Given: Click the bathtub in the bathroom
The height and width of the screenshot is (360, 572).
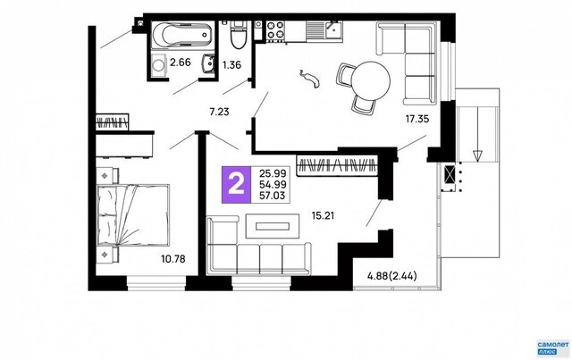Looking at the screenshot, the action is (182, 35).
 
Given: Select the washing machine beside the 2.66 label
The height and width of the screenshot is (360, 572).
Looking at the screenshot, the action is (159, 65).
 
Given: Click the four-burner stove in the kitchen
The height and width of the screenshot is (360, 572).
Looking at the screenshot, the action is (275, 29).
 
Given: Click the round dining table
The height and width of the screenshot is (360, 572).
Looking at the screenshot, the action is (370, 80).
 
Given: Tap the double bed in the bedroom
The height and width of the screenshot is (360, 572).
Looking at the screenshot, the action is (133, 215).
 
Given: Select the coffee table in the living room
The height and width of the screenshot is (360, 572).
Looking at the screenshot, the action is (272, 226).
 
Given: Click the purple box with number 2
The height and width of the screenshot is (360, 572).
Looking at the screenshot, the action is (236, 185).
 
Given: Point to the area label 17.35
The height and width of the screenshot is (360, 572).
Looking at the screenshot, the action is (416, 119).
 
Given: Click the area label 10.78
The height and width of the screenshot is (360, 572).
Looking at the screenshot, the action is (172, 259).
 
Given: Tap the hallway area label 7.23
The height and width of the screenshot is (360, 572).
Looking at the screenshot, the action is (219, 112).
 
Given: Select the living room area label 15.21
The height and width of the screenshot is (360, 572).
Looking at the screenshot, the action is (323, 216).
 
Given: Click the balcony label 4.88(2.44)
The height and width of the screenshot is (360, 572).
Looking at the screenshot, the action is (391, 276).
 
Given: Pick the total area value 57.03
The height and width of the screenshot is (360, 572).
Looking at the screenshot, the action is (272, 196).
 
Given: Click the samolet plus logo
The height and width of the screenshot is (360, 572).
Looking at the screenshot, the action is (552, 347).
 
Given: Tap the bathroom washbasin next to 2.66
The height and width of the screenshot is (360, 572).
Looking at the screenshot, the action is (208, 64).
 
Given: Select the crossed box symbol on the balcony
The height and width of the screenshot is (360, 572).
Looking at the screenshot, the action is (450, 174).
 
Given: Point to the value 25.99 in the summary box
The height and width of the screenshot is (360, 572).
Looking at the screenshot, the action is (273, 173).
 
